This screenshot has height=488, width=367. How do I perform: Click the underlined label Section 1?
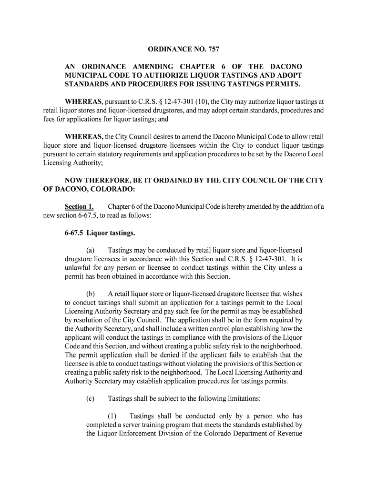79,207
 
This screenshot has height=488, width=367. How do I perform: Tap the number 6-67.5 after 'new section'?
84,215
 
